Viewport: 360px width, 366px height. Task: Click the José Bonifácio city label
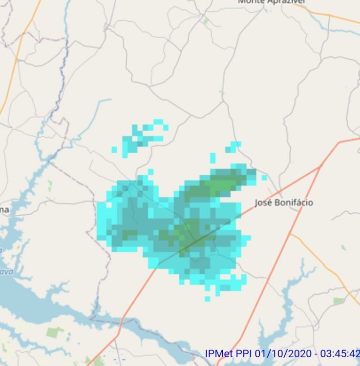tap(284, 203)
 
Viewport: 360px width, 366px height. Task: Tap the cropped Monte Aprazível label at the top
tap(272, 2)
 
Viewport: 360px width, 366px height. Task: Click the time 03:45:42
tap(339, 353)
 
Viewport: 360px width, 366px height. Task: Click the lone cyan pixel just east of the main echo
tap(264, 178)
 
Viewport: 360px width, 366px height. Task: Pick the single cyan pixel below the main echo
tap(208, 298)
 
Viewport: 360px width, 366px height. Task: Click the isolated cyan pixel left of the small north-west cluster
tap(114, 150)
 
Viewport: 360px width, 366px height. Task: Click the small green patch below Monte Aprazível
tap(206, 21)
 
